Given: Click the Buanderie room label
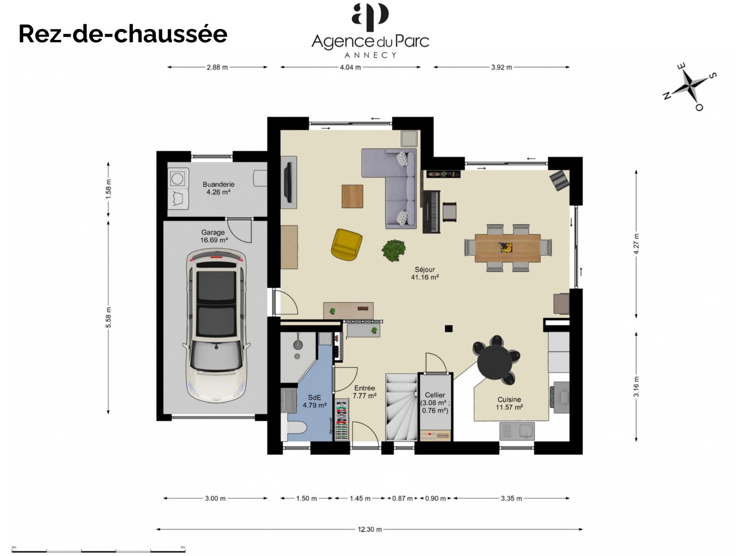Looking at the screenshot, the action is pyautogui.click(x=218, y=188).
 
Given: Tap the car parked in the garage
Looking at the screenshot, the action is pyautogui.click(x=216, y=326).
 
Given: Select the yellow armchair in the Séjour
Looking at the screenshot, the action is pyautogui.click(x=347, y=244).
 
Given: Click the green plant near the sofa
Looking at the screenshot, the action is pyautogui.click(x=394, y=250).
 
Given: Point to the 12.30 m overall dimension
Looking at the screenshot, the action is pyautogui.click(x=370, y=529).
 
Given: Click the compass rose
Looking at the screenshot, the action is pyautogui.click(x=689, y=86).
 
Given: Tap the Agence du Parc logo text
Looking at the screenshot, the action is pyautogui.click(x=370, y=41).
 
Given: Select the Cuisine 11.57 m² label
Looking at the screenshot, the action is pyautogui.click(x=509, y=403).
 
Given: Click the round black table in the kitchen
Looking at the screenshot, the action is pyautogui.click(x=494, y=363).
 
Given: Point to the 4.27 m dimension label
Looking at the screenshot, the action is pyautogui.click(x=636, y=244).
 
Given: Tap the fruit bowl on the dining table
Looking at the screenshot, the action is pyautogui.click(x=506, y=248).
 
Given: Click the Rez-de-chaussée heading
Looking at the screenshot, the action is pyautogui.click(x=123, y=34).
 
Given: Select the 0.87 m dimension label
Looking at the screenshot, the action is pyautogui.click(x=402, y=498).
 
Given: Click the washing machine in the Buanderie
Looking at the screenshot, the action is pyautogui.click(x=178, y=178).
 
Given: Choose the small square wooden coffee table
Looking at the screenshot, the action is pyautogui.click(x=352, y=196).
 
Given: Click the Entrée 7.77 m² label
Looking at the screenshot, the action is pyautogui.click(x=365, y=392).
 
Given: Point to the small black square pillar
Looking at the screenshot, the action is pyautogui.click(x=448, y=328).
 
